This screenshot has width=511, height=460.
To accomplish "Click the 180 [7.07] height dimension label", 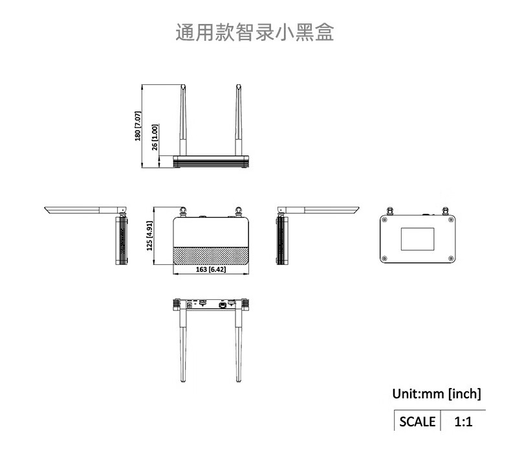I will point(137,126).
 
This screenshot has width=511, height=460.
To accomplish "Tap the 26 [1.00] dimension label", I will point(154,137).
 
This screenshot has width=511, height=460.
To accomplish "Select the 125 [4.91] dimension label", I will point(149,236).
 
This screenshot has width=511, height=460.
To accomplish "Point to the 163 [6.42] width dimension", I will point(210,270).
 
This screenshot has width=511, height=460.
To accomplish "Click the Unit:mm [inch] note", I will point(437,393).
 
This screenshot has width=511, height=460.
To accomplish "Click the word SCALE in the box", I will point(417,422).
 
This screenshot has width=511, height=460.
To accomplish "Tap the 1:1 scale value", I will point(463,422).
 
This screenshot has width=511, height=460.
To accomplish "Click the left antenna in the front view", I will point(183,120).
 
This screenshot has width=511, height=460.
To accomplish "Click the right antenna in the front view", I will point(239,120).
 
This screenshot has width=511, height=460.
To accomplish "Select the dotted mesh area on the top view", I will point(211,254).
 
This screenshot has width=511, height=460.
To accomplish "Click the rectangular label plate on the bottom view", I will point(418,238).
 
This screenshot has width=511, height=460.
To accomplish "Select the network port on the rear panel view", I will point(222,304).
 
